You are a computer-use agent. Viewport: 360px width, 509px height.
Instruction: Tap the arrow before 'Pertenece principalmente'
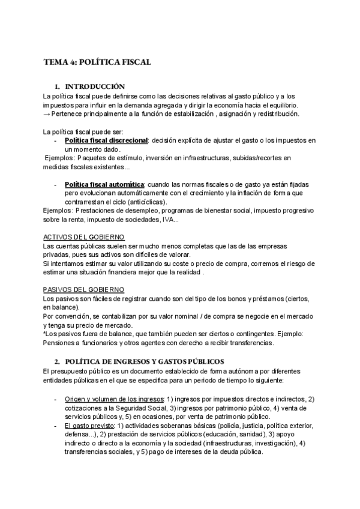pos(47,114)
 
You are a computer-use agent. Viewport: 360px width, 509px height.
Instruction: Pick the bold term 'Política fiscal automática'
pos(103,184)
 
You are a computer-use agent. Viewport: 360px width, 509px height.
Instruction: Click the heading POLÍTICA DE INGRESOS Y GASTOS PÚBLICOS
pos(143,361)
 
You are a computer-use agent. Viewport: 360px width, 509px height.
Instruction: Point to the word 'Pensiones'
pos(59,343)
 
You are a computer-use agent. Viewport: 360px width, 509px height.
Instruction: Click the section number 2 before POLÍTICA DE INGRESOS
pos(56,361)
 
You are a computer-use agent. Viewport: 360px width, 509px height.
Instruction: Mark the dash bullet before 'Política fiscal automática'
pos(56,184)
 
